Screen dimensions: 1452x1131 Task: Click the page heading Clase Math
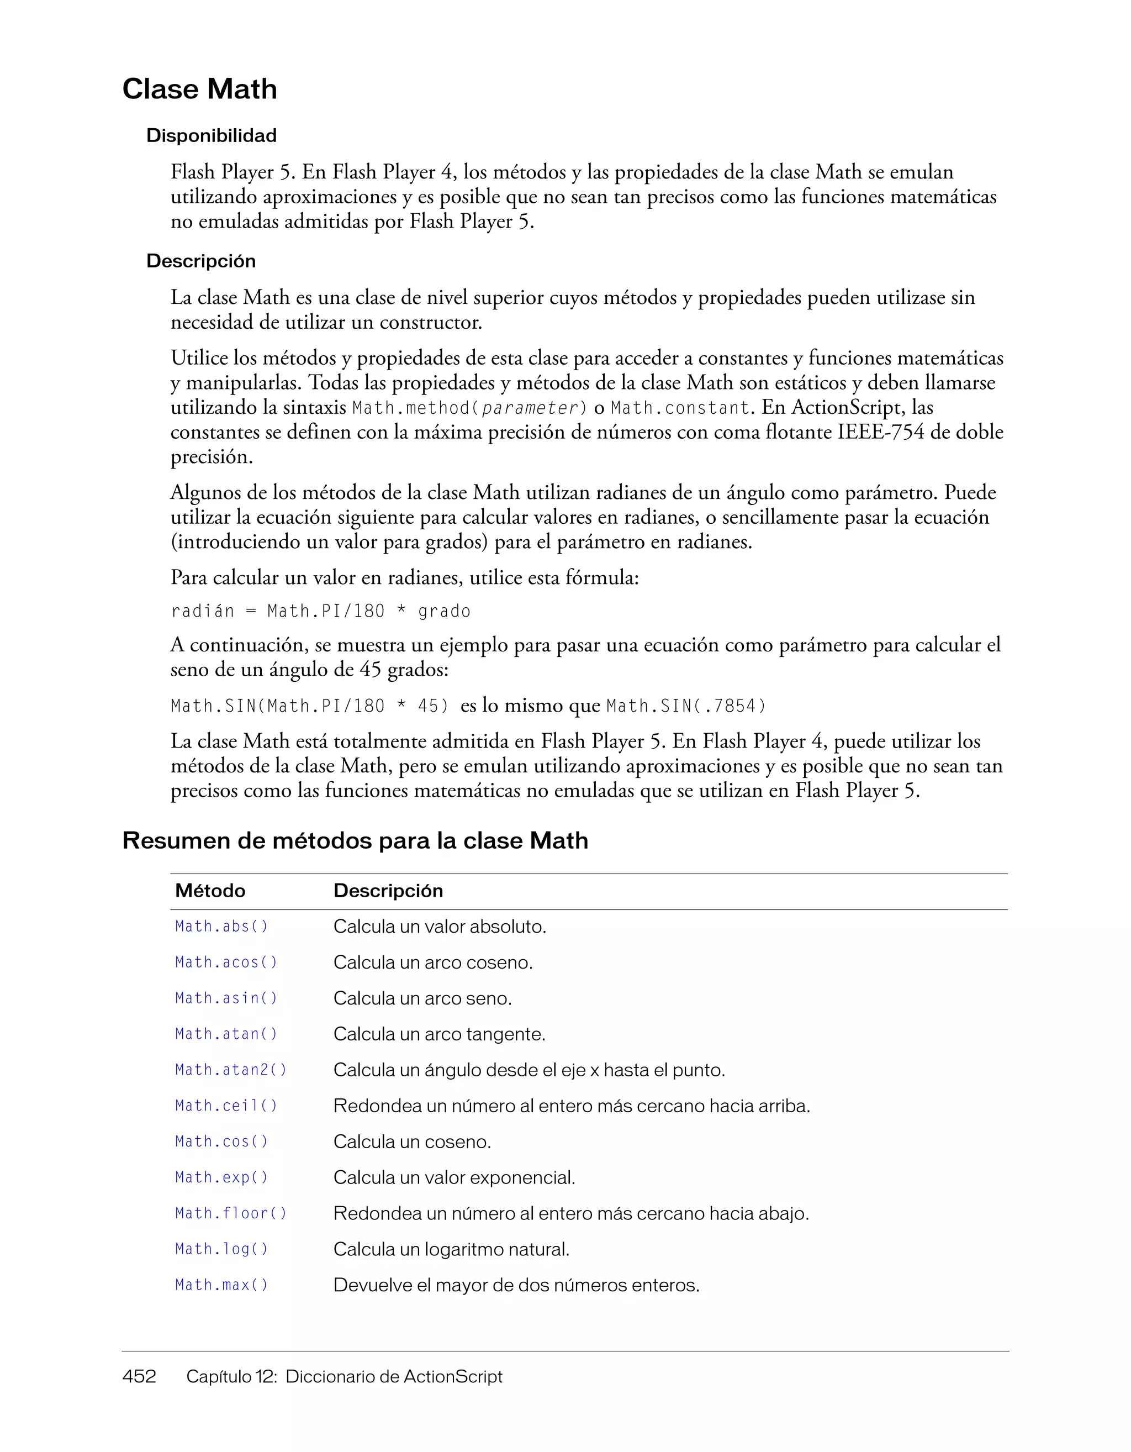click(x=199, y=89)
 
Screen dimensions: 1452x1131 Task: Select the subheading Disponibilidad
click(x=212, y=135)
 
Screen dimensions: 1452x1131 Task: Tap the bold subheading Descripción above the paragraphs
click(x=200, y=261)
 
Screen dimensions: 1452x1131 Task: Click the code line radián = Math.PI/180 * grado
click(x=320, y=611)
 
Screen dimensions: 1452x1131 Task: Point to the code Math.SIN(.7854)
click(x=686, y=706)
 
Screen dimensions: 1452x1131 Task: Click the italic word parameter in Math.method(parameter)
click(x=530, y=408)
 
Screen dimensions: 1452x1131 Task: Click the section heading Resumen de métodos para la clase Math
click(x=355, y=840)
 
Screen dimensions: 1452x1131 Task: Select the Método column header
click(x=210, y=891)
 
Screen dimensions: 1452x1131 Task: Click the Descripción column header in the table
click(x=388, y=891)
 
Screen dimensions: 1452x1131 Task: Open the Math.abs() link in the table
click(x=221, y=926)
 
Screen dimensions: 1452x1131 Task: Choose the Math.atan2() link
click(x=231, y=1070)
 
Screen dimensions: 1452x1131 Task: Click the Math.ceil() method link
click(x=226, y=1106)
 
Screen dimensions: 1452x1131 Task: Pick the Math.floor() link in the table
click(x=231, y=1213)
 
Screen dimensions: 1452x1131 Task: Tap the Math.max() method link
click(x=221, y=1285)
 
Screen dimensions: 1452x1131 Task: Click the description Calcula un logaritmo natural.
click(x=451, y=1249)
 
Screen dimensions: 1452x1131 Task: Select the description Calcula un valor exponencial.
click(x=454, y=1177)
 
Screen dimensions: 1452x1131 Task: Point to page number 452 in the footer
click(x=139, y=1376)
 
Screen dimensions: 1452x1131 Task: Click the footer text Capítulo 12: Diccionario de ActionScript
click(x=343, y=1376)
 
